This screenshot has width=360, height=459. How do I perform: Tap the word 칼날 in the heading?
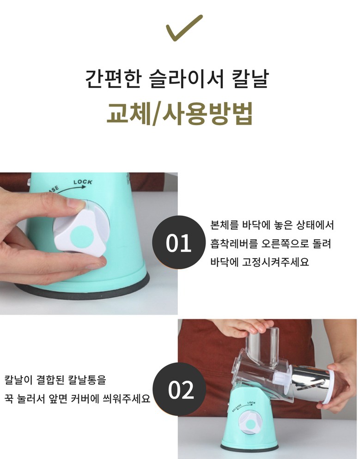250,79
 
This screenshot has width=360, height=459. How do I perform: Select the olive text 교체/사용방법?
179,113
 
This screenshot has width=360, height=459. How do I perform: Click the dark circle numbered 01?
179,242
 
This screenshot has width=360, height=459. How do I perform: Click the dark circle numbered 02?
180,389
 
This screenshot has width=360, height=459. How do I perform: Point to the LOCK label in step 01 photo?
83,182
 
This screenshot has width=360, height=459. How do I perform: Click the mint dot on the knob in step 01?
82,236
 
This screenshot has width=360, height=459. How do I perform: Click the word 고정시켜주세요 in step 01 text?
275,261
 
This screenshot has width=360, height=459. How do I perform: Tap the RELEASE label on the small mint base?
237,407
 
